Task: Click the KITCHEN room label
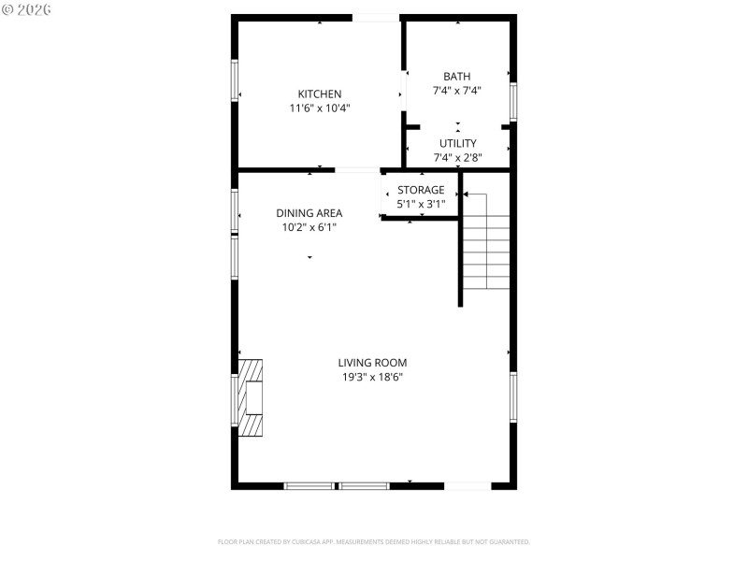click(320, 93)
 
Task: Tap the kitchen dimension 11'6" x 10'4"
click(320, 108)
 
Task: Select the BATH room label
click(457, 77)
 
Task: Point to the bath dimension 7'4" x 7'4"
click(457, 91)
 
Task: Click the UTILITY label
click(457, 143)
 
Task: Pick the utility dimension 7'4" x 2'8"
click(457, 158)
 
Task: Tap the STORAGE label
click(421, 190)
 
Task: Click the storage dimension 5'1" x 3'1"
click(421, 204)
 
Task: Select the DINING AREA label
click(309, 212)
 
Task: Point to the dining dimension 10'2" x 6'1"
click(309, 226)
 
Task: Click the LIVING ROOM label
click(372, 363)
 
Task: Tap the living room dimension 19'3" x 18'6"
click(372, 378)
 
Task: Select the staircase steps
click(487, 252)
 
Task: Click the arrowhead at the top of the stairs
click(466, 194)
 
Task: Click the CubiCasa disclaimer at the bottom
click(374, 541)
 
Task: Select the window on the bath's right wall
click(513, 102)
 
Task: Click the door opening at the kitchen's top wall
click(375, 18)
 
